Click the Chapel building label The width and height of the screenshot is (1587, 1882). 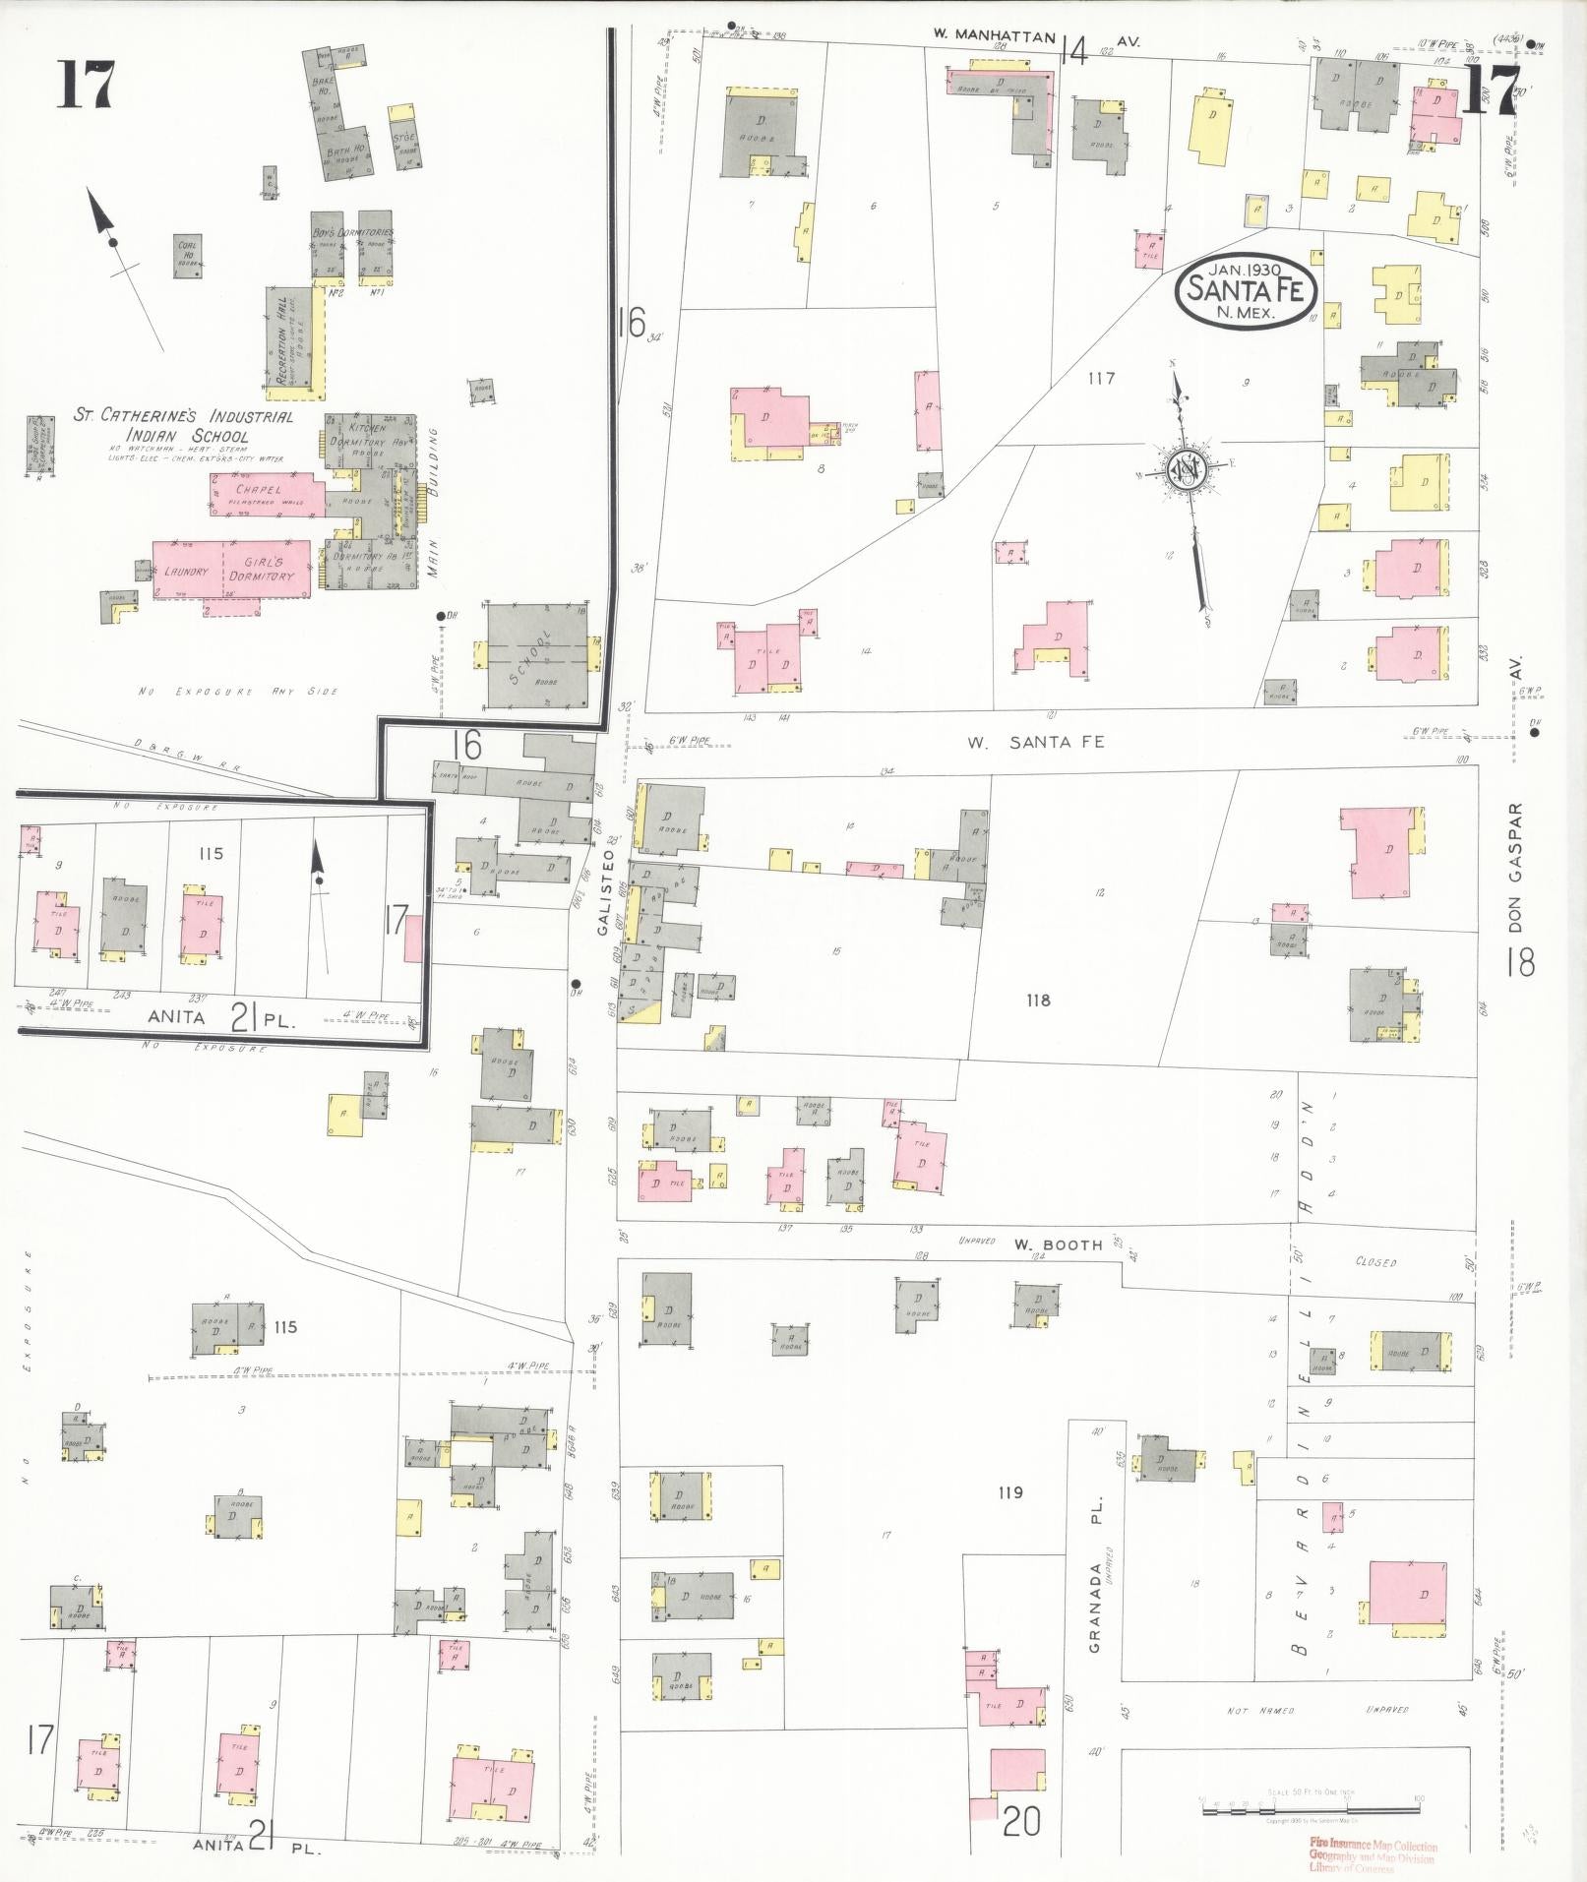point(258,489)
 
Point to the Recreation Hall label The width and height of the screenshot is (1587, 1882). point(282,338)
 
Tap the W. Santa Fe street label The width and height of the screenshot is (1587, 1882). point(1035,743)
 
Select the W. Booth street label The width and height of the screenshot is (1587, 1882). point(1059,1245)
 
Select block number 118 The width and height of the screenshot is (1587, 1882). point(1037,1001)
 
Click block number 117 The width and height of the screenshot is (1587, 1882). point(1100,378)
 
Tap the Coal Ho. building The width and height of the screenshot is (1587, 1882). point(188,256)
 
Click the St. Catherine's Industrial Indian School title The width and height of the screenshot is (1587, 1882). point(183,426)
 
